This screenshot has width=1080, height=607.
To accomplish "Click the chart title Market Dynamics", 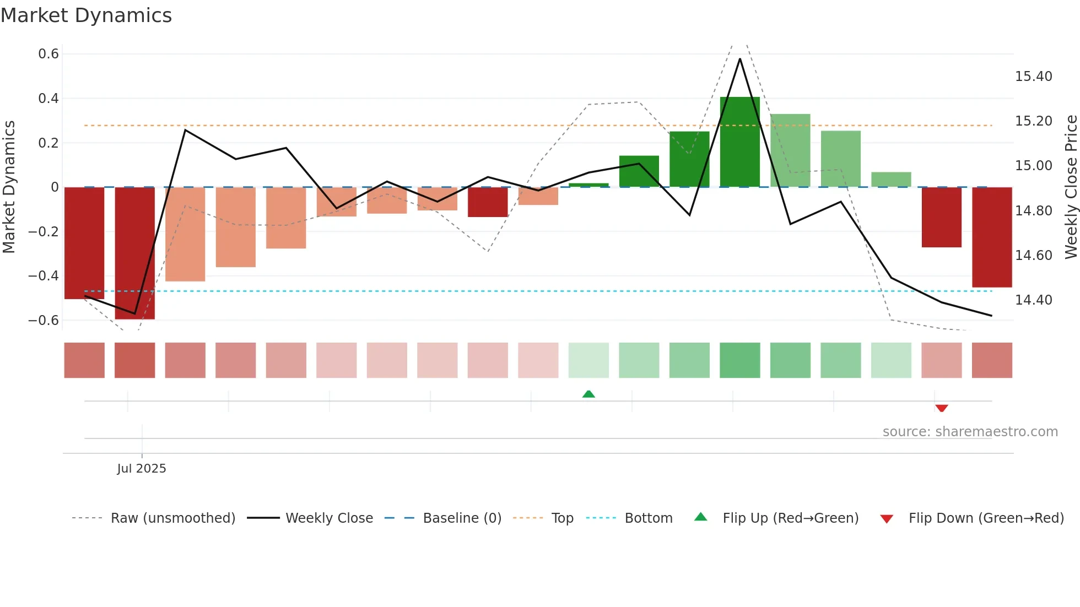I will point(86,15).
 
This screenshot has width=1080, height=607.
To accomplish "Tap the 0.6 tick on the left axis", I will point(48,54).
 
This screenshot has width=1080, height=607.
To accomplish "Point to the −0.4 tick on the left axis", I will point(44,276).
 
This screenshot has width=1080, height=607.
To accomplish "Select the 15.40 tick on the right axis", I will point(1033,77).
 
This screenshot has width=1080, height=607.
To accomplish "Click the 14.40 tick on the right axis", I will point(1033,300).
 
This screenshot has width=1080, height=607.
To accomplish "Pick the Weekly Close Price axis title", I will point(1071,187).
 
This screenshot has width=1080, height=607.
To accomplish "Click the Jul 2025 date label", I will point(142,469).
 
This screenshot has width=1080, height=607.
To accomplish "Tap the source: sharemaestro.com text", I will point(970,432).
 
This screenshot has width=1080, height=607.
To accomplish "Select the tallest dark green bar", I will point(739,142).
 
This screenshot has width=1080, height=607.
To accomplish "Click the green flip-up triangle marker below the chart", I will point(588,394).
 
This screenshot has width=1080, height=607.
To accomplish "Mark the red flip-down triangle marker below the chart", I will point(941,408).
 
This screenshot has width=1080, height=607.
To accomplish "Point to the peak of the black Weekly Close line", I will point(739,59).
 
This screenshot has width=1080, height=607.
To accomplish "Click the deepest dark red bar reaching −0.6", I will point(134,253).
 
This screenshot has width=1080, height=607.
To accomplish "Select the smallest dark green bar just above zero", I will point(588,185).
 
